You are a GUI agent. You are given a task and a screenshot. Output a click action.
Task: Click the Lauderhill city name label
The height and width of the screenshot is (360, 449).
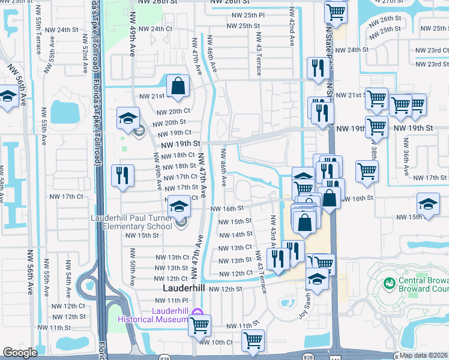(184, 289)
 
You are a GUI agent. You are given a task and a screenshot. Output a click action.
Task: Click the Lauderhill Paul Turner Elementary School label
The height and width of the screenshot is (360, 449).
(134, 223)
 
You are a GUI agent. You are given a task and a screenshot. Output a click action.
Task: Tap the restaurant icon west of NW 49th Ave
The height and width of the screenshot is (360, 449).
(122, 175)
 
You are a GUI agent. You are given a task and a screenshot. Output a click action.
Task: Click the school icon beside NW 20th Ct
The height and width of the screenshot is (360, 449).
(128, 118)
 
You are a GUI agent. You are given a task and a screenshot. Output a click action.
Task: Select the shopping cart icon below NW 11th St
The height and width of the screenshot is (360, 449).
(253, 340)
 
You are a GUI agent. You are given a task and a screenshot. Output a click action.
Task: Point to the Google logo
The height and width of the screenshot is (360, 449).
(20, 353)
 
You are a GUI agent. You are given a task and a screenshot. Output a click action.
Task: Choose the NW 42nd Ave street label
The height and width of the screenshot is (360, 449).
(292, 28)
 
